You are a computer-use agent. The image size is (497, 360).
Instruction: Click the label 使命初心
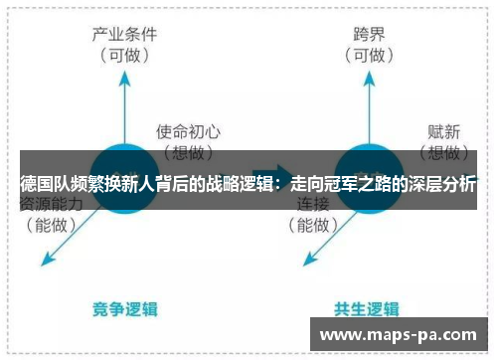coord(188,129)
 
